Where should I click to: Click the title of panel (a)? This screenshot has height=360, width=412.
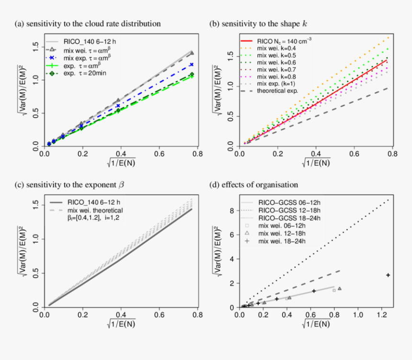(87, 23)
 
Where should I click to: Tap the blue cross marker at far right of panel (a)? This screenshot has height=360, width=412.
(192, 64)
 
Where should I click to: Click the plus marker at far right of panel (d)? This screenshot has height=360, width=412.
(388, 275)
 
